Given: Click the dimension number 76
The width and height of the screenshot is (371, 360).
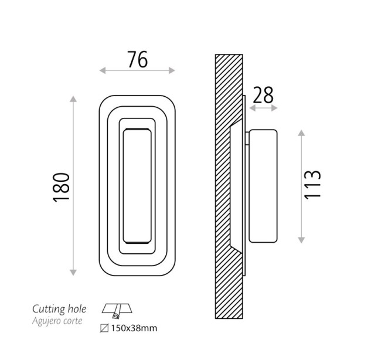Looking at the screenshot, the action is point(138,59).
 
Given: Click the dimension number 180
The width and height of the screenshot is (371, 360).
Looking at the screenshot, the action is point(62,187).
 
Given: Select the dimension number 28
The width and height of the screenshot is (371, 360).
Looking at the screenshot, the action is point(263,95).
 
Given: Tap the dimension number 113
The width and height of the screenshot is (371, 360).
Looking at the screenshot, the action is point(312,184).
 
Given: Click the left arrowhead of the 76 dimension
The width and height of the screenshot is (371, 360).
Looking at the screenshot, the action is point(103,70).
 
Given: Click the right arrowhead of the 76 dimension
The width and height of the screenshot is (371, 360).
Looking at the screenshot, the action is point(172,70).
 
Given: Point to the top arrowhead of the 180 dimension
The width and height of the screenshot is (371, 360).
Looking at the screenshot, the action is point(73,99).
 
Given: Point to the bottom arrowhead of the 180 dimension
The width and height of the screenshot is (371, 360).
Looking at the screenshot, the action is point(73,273).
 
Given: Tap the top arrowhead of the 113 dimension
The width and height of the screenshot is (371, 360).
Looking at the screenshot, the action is point(301,133).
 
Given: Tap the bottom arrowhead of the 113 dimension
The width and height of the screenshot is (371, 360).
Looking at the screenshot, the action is point(301,240).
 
